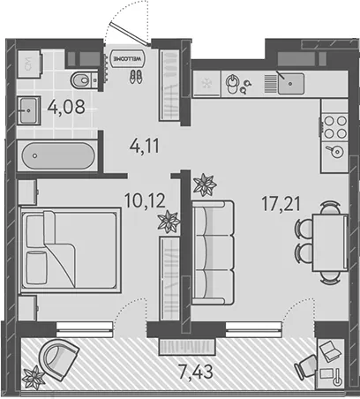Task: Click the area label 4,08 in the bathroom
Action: click(66, 107)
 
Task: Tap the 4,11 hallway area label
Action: click(145, 146)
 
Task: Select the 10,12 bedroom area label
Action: click(145, 200)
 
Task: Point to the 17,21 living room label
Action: click(281, 204)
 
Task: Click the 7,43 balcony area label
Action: click(196, 372)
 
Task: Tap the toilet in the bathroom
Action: click(85, 79)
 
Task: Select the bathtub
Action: click(58, 156)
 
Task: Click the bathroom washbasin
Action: click(28, 110)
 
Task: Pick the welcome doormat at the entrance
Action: click(128, 58)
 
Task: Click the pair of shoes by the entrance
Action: click(135, 77)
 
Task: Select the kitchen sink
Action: click(291, 84)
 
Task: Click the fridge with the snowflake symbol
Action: click(206, 84)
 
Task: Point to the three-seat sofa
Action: click(213, 252)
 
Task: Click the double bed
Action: click(70, 250)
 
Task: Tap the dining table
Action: click(330, 243)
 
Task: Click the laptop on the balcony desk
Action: click(329, 351)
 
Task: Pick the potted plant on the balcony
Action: click(34, 378)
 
